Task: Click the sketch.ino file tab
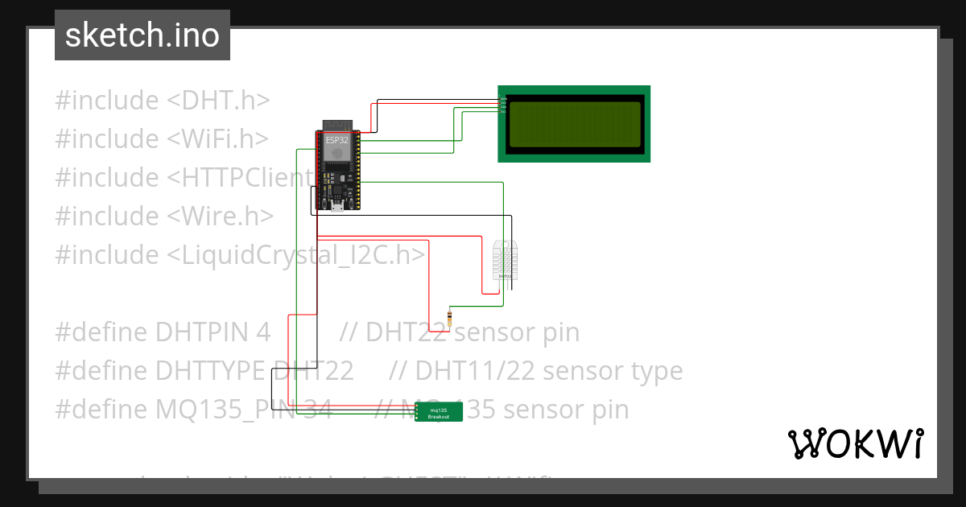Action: tap(142, 35)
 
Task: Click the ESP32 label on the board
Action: tap(336, 139)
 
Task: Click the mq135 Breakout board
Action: tap(439, 412)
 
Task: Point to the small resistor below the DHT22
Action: tap(449, 317)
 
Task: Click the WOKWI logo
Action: tap(855, 443)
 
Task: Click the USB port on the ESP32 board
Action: tap(338, 207)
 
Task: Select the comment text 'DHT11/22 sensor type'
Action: tap(547, 371)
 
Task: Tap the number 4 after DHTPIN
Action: tap(263, 332)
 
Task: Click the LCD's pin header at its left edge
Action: tap(503, 105)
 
